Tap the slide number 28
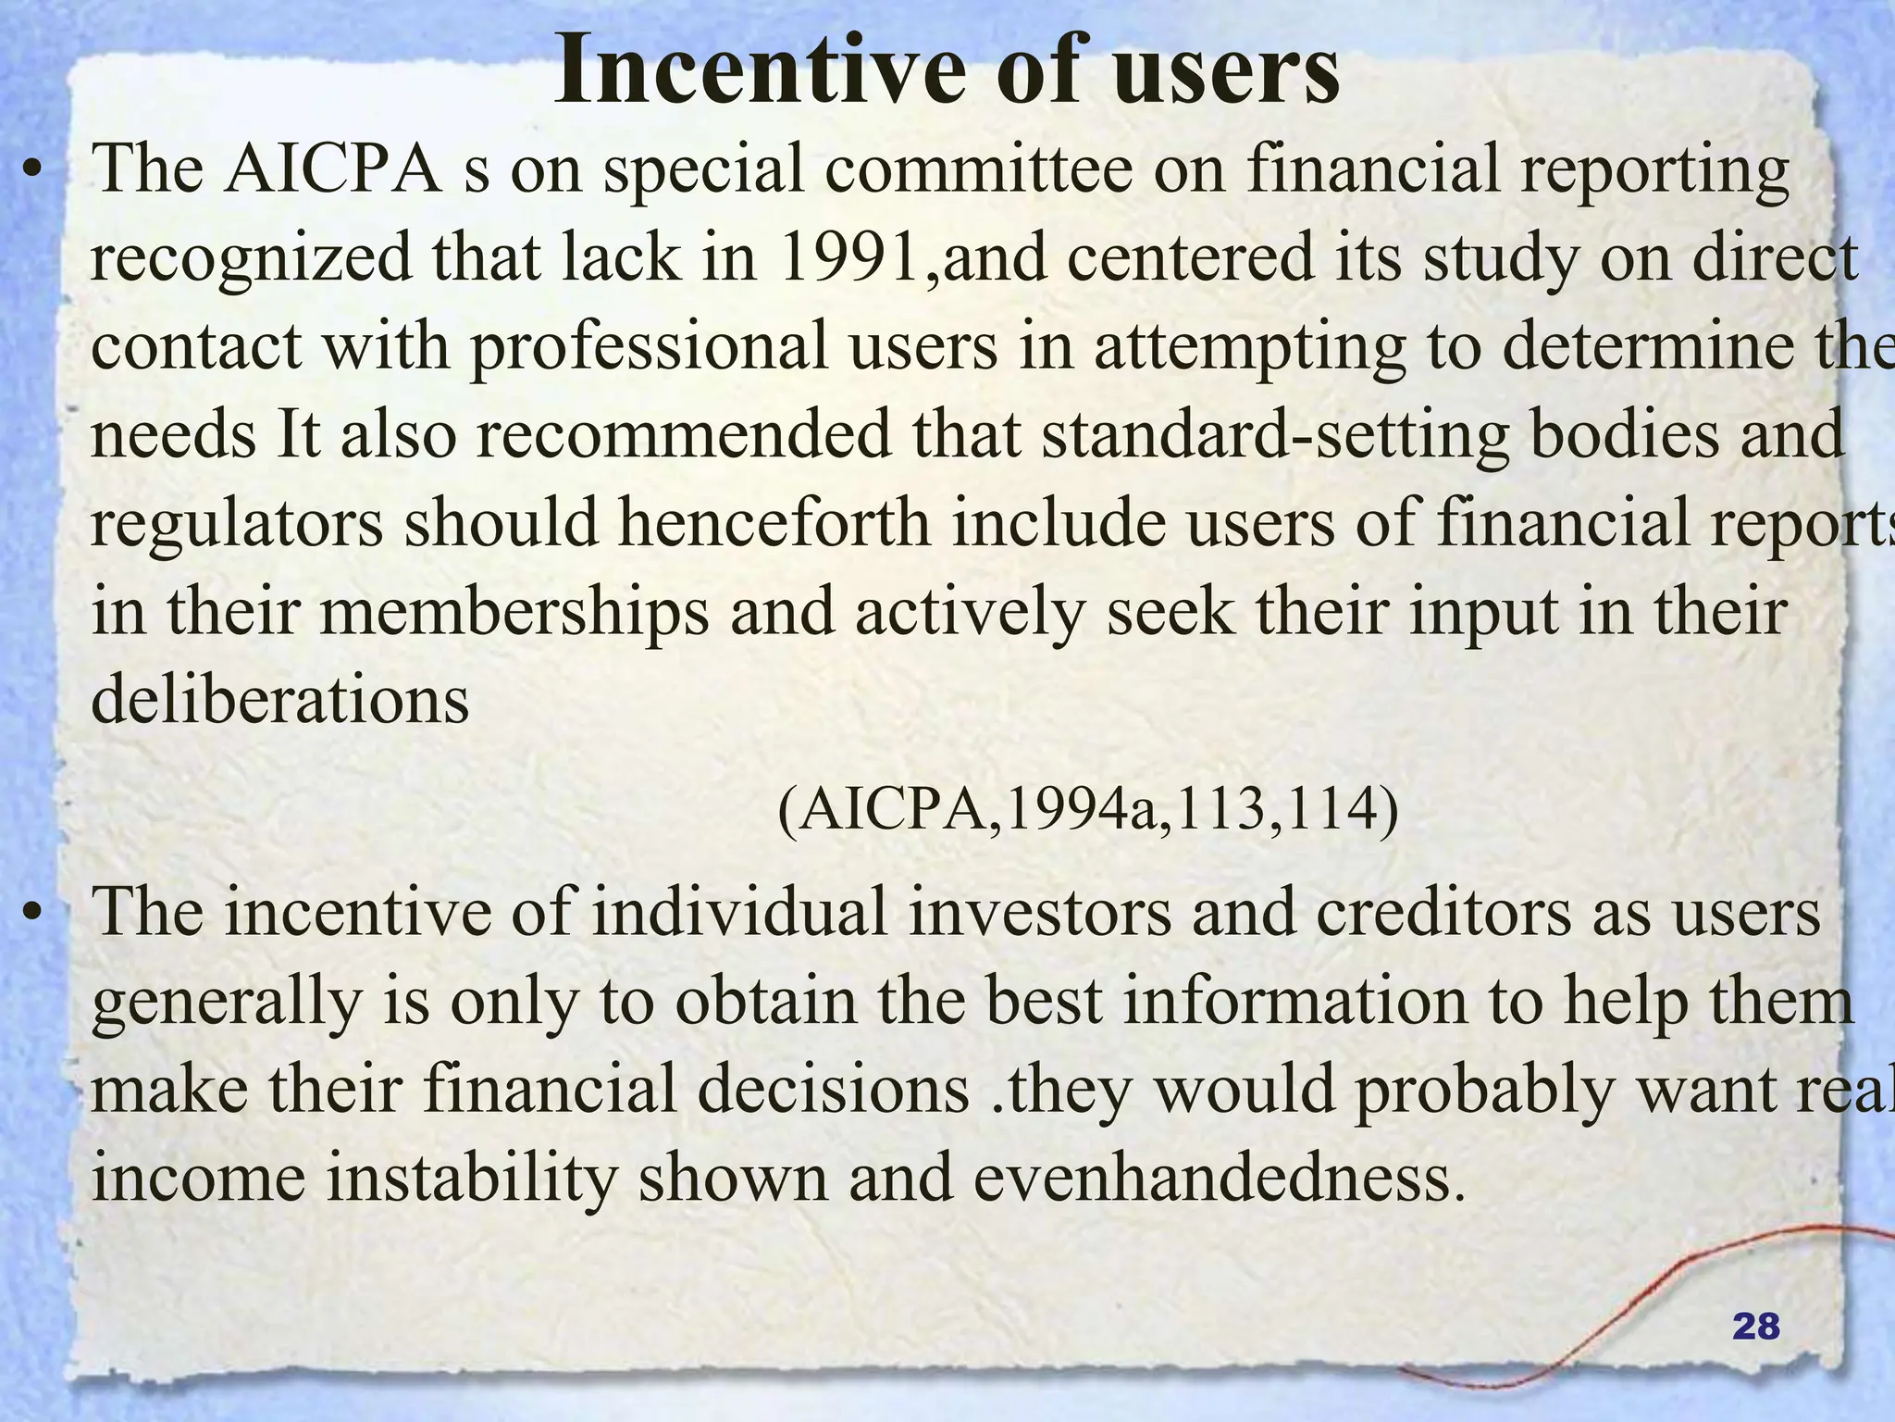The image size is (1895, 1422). [1755, 1328]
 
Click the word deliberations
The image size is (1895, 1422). [280, 700]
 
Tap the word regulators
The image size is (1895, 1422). [237, 524]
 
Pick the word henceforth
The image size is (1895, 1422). [774, 522]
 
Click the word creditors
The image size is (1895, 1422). [1443, 913]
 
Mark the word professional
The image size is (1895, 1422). [649, 348]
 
